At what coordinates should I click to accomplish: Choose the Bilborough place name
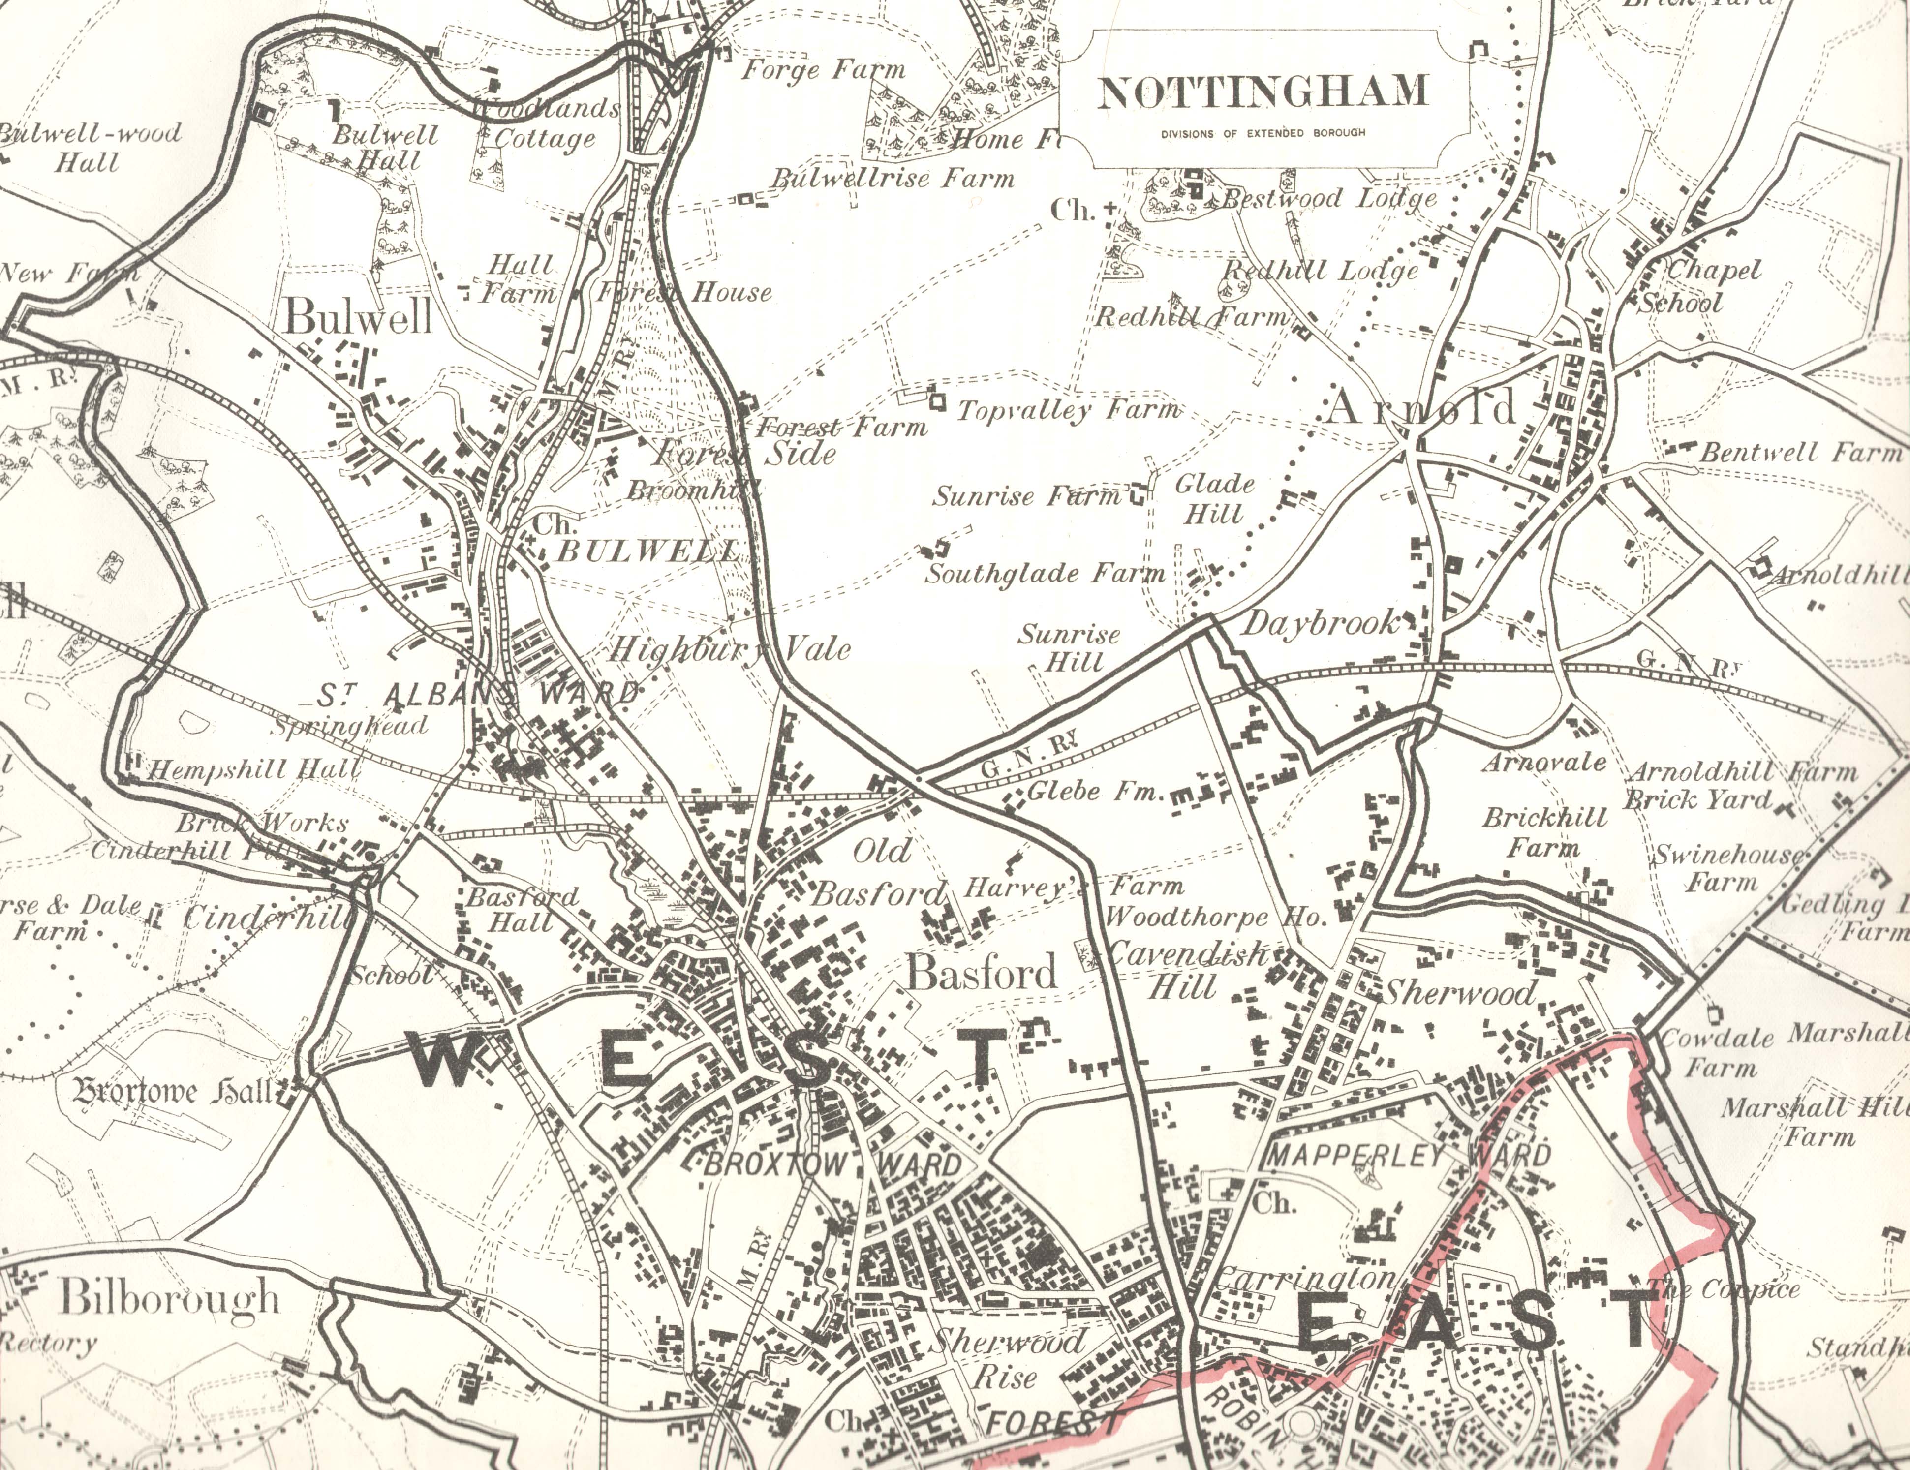tap(169, 1298)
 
